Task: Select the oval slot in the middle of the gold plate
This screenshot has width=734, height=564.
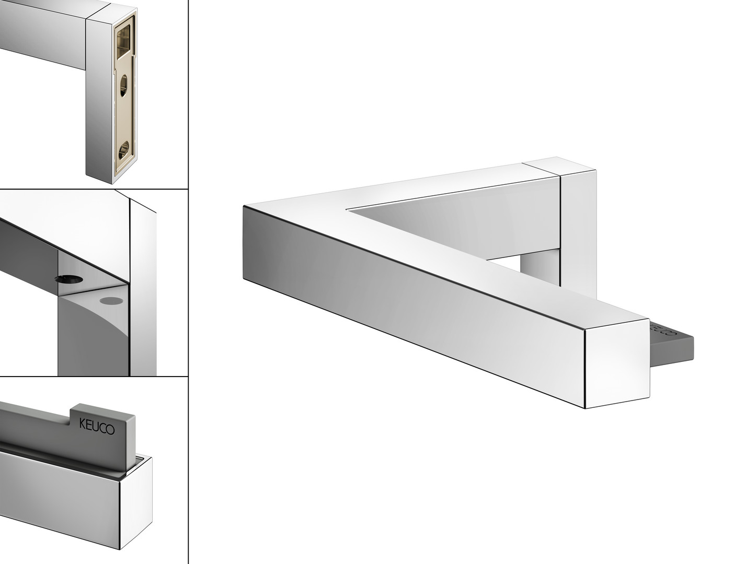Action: point(123,86)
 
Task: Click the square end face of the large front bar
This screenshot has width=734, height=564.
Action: point(617,363)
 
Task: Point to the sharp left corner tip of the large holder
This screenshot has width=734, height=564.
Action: point(244,206)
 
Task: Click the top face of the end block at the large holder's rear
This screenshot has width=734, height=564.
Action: point(559,167)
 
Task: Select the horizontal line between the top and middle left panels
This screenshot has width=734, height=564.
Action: point(94,189)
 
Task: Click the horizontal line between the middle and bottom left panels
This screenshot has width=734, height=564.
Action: point(94,376)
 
